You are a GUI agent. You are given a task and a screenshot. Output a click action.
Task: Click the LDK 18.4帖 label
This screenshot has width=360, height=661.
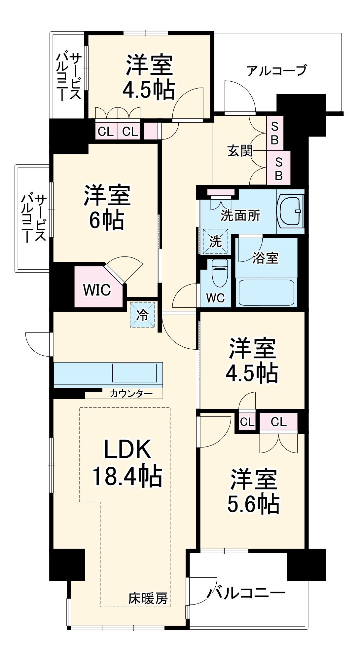[x=127, y=463]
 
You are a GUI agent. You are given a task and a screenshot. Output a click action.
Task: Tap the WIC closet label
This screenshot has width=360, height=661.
[x=97, y=290]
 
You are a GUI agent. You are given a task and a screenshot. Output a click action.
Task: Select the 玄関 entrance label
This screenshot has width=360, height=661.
[x=240, y=151]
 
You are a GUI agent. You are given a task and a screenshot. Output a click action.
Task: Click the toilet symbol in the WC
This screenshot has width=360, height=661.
[x=220, y=272]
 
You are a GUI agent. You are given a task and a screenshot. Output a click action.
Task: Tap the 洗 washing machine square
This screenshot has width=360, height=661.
[x=215, y=242]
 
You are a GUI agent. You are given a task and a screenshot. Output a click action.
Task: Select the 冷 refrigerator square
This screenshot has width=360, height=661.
[x=142, y=315]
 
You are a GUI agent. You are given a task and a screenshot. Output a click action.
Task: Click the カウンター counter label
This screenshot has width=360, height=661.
[x=131, y=393]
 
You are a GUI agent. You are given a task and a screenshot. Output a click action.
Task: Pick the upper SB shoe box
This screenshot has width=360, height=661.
[x=275, y=133]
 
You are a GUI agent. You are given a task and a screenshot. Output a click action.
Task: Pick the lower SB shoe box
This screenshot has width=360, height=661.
[x=278, y=168]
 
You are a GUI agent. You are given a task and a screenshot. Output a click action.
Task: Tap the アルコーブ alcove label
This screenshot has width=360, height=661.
[x=277, y=70]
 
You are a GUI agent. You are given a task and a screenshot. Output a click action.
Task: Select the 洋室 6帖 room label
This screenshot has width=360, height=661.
[x=107, y=208]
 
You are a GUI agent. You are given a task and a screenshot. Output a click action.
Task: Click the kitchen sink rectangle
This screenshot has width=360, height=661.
[x=134, y=373]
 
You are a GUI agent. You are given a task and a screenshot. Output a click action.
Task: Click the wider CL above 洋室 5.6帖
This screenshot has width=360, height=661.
[x=278, y=422]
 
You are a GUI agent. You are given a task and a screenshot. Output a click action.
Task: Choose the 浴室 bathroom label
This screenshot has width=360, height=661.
[x=265, y=258]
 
